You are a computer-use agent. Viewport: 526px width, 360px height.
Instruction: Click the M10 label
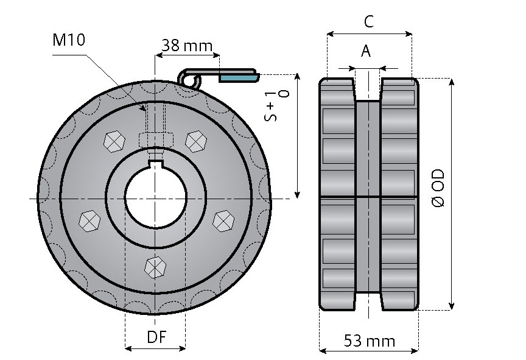[69, 40]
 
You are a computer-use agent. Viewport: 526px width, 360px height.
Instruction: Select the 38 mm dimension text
[186, 46]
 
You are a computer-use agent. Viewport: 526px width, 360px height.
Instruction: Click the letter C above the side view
[369, 22]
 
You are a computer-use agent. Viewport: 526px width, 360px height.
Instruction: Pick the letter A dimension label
[365, 51]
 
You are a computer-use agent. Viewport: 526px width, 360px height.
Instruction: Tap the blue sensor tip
[238, 78]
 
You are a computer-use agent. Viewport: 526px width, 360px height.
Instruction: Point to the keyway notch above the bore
[156, 162]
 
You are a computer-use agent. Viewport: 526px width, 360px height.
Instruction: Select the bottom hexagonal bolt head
[155, 266]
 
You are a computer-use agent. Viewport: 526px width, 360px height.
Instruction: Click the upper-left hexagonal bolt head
[114, 142]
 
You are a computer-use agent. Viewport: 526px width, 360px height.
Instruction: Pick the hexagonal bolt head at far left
[89, 220]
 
